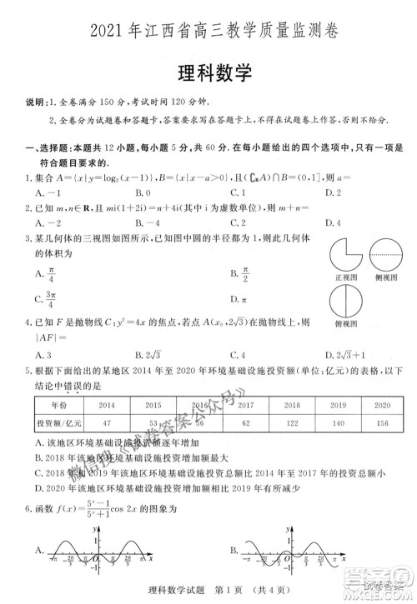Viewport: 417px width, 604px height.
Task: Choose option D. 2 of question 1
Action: [x=334, y=192]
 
